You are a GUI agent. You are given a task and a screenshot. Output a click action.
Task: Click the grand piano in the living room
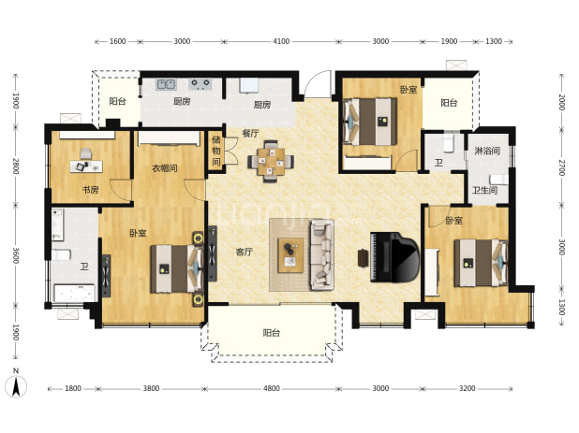pos(394,257)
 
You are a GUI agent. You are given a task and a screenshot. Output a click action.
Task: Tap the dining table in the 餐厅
pos(271,162)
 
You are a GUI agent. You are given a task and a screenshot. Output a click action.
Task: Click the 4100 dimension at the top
pos(281,41)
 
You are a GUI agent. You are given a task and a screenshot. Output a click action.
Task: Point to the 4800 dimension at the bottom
pos(272,388)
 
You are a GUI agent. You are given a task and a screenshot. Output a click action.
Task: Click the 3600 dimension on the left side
pos(16,255)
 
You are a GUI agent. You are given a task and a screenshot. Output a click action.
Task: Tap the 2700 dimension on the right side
pos(561,167)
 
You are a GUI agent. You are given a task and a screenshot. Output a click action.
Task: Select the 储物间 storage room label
pos(216,151)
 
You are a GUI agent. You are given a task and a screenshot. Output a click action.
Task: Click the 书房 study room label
pos(91,190)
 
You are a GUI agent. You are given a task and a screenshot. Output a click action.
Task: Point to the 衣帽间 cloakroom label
pos(165,168)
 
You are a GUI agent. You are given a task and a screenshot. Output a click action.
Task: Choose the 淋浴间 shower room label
pos(487,151)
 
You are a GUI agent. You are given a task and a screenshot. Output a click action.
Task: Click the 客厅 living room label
pos(245,253)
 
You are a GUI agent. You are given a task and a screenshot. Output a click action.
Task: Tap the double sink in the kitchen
pos(166,84)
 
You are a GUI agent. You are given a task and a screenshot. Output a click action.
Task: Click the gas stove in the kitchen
pos(200,84)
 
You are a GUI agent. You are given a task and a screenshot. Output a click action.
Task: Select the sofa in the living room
pos(322,255)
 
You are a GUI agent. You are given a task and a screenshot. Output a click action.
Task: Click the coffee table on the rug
pos(290,255)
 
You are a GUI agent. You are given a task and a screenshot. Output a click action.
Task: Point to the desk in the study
pos(86,166)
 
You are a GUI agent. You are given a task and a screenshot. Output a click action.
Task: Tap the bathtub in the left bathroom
pos(74,294)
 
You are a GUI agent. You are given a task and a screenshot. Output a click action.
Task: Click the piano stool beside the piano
pos(363,258)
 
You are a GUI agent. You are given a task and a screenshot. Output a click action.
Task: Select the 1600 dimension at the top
pos(117,41)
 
